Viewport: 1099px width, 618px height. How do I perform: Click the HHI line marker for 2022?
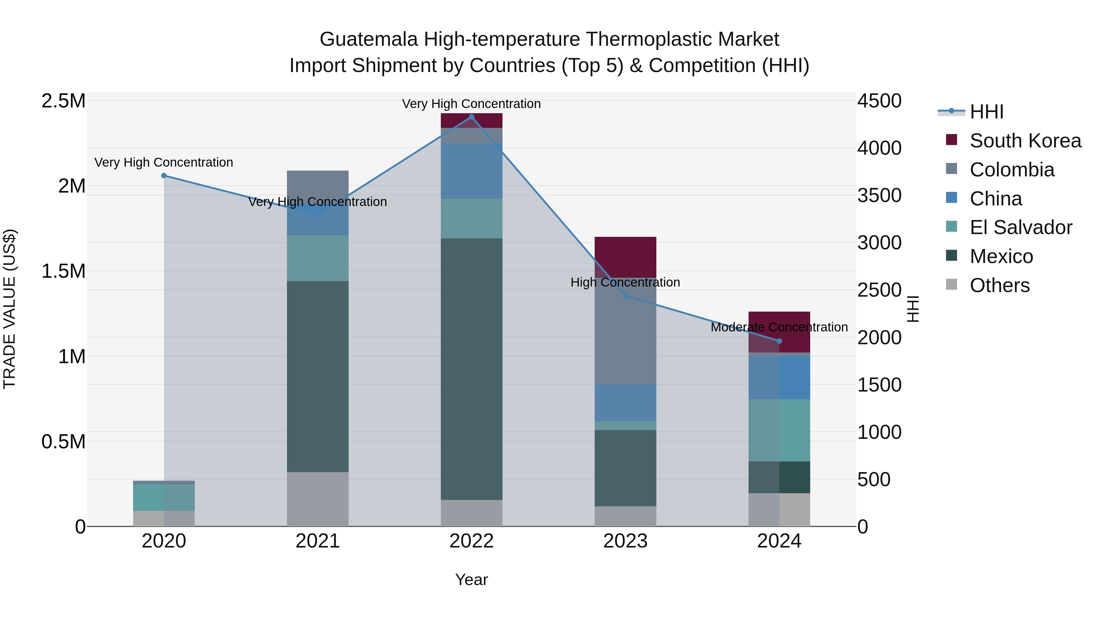pyautogui.click(x=471, y=117)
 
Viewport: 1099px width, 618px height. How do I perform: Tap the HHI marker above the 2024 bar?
pyautogui.click(x=779, y=341)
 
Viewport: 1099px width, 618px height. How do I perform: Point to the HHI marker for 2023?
pyautogui.click(x=626, y=295)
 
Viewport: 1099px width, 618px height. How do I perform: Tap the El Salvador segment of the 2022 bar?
pyautogui.click(x=471, y=219)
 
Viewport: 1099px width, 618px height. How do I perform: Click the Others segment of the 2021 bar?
pyautogui.click(x=318, y=499)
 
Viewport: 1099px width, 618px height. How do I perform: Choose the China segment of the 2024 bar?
pyautogui.click(x=779, y=378)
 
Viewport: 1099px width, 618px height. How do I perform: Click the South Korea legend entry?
pyautogui.click(x=1025, y=141)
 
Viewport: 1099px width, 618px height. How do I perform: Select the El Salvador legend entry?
pyautogui.click(x=1021, y=227)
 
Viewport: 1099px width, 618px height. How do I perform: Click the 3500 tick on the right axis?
pyautogui.click(x=879, y=196)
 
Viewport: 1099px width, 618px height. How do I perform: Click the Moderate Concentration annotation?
pyautogui.click(x=779, y=327)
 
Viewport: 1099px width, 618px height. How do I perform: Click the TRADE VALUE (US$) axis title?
pyautogui.click(x=9, y=309)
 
